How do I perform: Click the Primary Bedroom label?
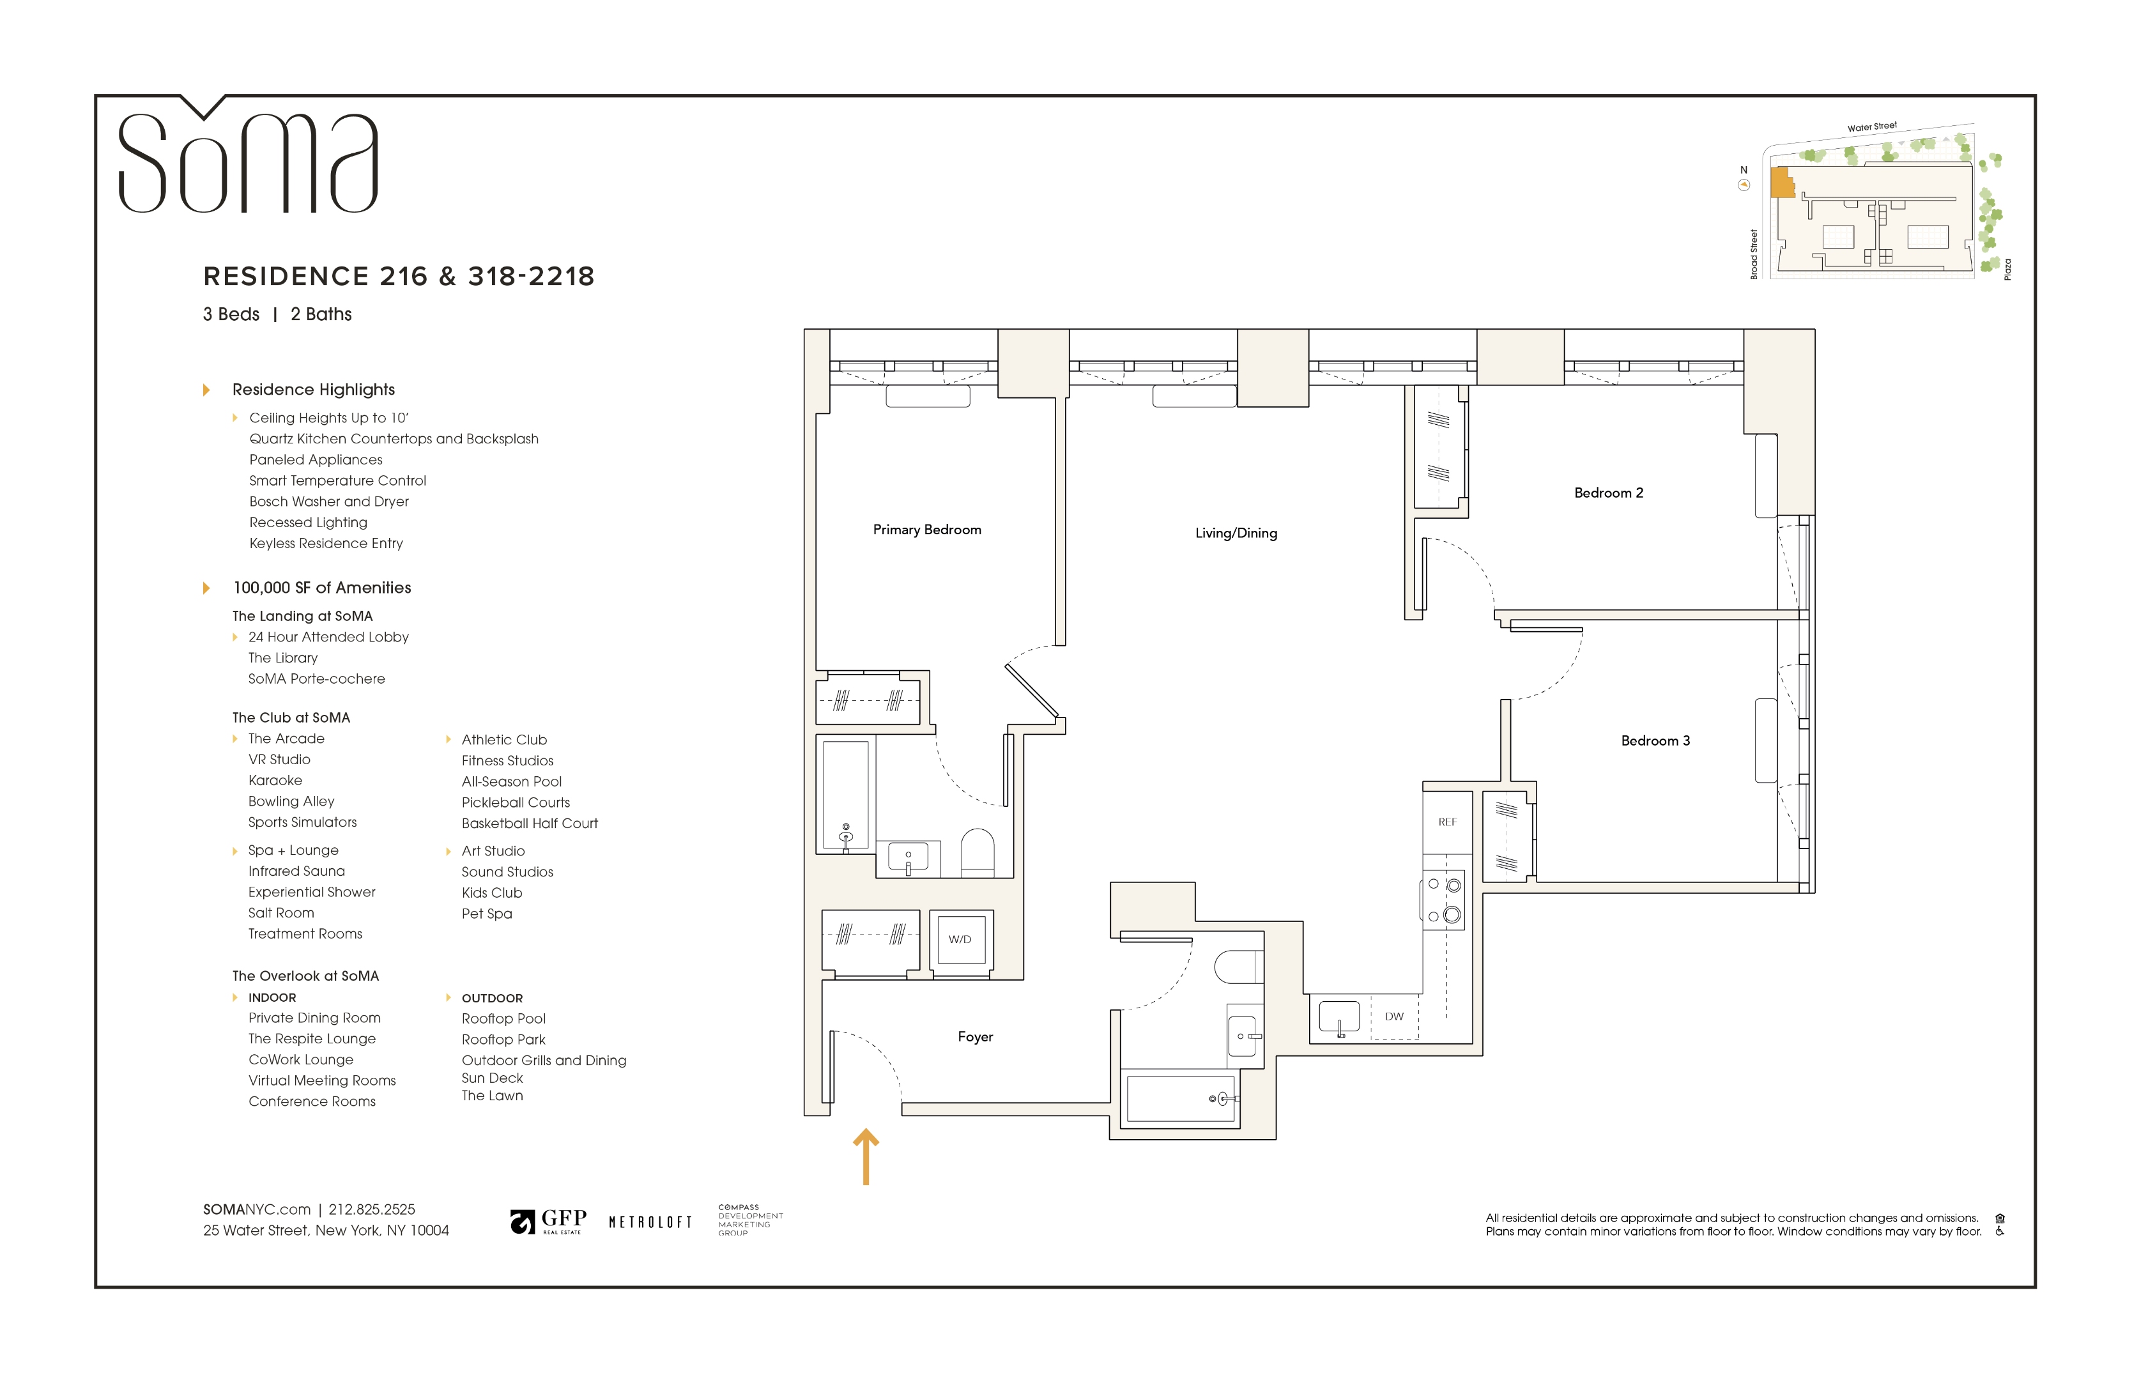pyautogui.click(x=926, y=529)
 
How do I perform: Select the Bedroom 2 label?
pyautogui.click(x=1608, y=493)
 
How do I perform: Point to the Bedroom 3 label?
pyautogui.click(x=1655, y=740)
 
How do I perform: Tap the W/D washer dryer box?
pyautogui.click(x=960, y=939)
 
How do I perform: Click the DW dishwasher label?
pyautogui.click(x=1394, y=1016)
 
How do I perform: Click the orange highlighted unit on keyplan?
pyautogui.click(x=1782, y=183)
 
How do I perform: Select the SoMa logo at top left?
pyautogui.click(x=248, y=161)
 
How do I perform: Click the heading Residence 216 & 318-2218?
pyautogui.click(x=399, y=276)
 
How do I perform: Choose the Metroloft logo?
pyautogui.click(x=650, y=1222)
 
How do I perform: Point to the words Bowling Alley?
pyautogui.click(x=291, y=802)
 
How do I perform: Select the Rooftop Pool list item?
pyautogui.click(x=503, y=1018)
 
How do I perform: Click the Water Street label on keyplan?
pyautogui.click(x=1871, y=127)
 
